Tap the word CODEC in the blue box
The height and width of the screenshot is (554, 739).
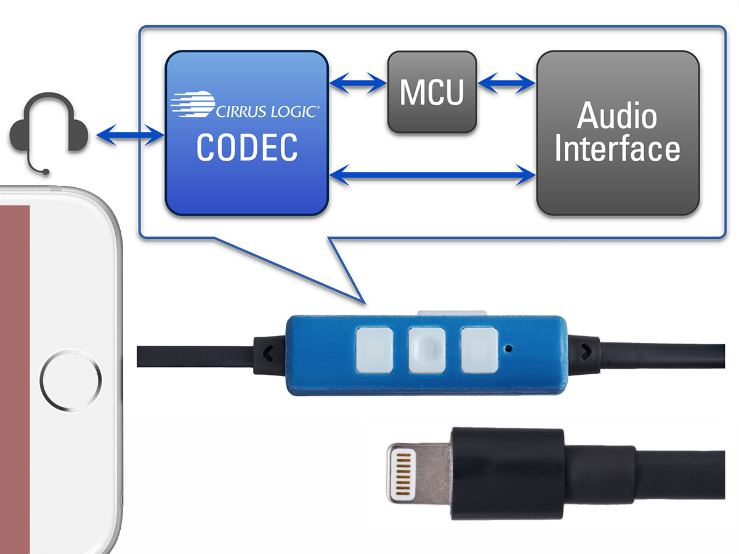(246, 148)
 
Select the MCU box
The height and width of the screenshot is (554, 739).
(432, 92)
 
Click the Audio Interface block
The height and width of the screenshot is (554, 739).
(618, 133)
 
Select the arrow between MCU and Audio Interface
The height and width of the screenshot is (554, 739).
(506, 82)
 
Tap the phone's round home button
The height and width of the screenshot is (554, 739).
(71, 380)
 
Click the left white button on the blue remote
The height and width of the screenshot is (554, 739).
(374, 349)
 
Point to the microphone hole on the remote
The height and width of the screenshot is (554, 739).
(509, 349)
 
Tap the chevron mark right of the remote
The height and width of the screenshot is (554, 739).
(583, 352)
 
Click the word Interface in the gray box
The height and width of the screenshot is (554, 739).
(618, 150)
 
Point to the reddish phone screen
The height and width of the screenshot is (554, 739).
(15, 369)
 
